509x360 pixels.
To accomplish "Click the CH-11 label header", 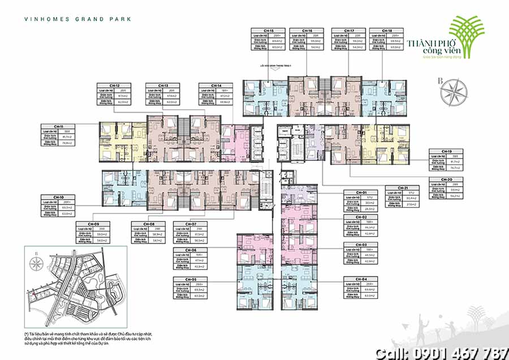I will (58, 126).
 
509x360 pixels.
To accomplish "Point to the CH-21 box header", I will (402, 187).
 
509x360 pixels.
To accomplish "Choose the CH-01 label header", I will (360, 193).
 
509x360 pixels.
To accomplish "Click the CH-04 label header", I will (360, 279).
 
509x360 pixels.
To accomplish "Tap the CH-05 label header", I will (191, 279).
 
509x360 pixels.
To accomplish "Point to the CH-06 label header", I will (191, 250).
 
